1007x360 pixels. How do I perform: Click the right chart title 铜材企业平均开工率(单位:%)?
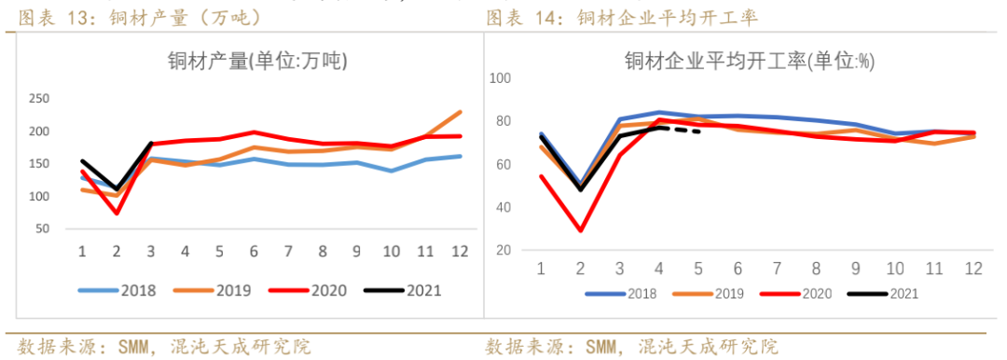(x=749, y=62)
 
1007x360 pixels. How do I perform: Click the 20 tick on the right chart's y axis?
(x=504, y=250)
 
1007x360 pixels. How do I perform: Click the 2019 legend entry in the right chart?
(x=714, y=294)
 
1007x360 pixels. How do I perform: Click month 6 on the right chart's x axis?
(x=738, y=269)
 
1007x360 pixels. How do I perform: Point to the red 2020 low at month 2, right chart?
(x=581, y=230)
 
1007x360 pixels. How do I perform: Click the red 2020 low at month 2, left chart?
(x=117, y=213)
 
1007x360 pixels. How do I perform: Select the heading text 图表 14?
(x=528, y=17)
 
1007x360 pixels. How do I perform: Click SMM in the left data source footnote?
(x=135, y=347)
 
